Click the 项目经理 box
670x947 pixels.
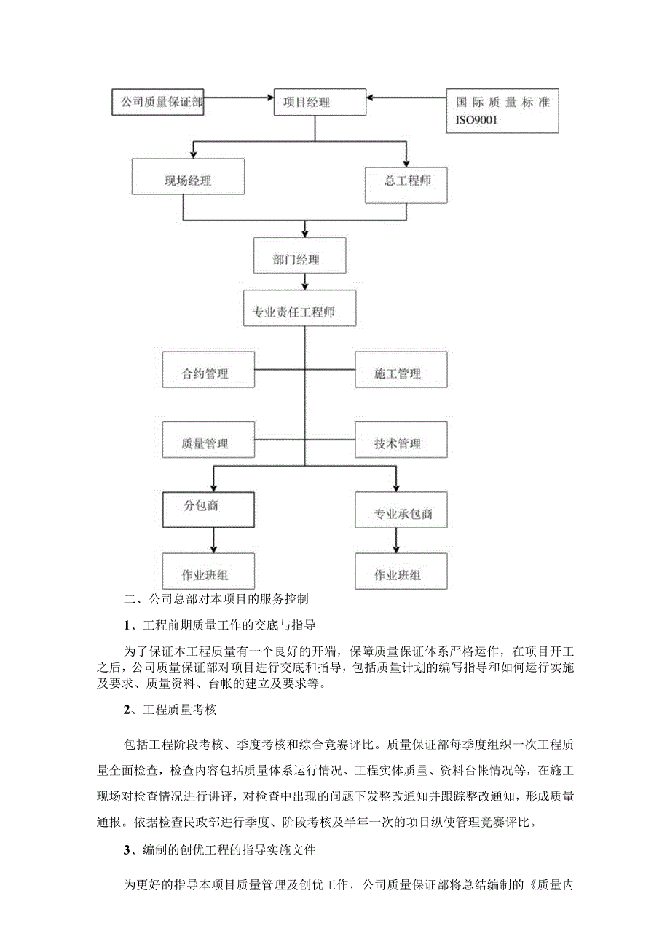click(314, 103)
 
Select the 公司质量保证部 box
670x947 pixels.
click(157, 103)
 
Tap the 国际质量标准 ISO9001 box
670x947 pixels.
click(502, 111)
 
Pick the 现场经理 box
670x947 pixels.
click(188, 181)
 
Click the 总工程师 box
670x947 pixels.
click(406, 181)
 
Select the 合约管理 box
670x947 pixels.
click(208, 373)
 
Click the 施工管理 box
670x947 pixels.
click(401, 373)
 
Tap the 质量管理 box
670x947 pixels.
click(208, 443)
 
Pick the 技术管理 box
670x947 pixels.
click(401, 443)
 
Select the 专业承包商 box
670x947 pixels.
click(401, 512)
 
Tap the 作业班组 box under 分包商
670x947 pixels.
click(208, 574)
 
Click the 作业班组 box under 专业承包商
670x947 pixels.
click(401, 574)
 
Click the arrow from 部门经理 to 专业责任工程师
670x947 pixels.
click(304, 282)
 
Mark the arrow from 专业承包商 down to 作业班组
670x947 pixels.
click(397, 540)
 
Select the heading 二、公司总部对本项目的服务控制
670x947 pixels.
click(217, 601)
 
